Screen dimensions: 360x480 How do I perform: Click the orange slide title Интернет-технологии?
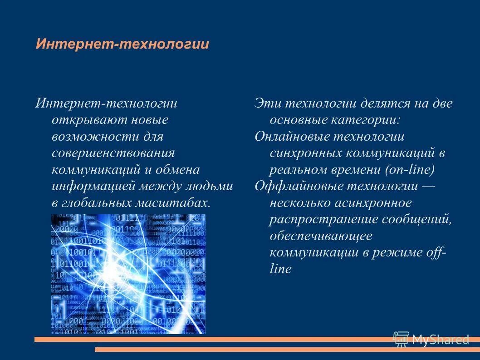122,44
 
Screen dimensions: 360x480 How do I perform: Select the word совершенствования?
113,153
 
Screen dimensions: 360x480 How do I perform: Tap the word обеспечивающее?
321,236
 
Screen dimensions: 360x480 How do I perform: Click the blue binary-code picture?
128,274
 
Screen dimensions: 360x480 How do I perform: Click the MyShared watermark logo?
431,339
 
